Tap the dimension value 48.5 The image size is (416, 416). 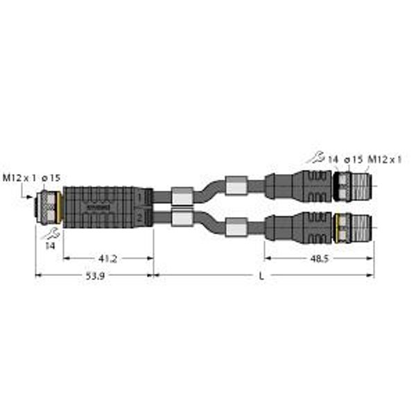pos(320,259)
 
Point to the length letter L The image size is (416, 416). pos(261,276)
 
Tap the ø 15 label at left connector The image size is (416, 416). pos(50,178)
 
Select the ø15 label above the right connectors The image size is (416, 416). pos(354,160)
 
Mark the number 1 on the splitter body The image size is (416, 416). pos(141,199)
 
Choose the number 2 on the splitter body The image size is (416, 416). pos(141,218)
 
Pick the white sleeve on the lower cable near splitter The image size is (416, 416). pos(181,220)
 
